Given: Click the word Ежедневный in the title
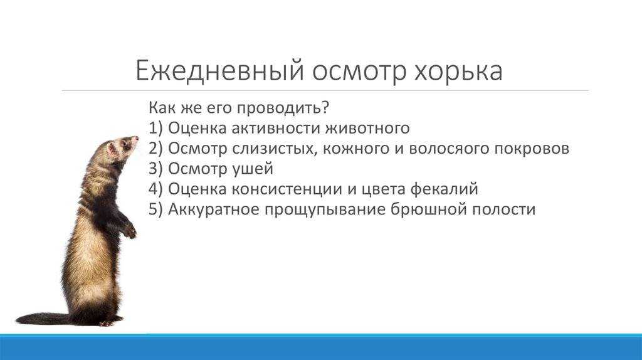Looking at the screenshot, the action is pyautogui.click(x=220, y=70).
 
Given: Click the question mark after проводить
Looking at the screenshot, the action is pyautogui.click(x=325, y=108).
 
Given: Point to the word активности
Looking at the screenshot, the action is pyautogui.click(x=276, y=128).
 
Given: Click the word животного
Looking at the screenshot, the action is pyautogui.click(x=367, y=128).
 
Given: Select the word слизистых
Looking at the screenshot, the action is pyautogui.click(x=275, y=148).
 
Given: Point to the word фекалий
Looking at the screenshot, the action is pyautogui.click(x=445, y=189).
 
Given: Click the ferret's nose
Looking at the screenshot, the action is pyautogui.click(x=135, y=139).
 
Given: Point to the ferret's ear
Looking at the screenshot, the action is pyautogui.click(x=112, y=149).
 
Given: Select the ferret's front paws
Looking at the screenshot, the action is pyautogui.click(x=129, y=230).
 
